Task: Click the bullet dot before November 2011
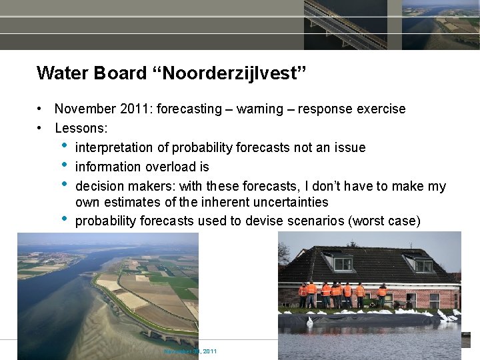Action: point(41,109)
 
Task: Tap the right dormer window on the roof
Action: point(423,265)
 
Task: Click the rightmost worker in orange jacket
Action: point(382,294)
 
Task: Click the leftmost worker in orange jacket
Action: point(303,294)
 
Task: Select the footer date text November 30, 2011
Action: point(190,351)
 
